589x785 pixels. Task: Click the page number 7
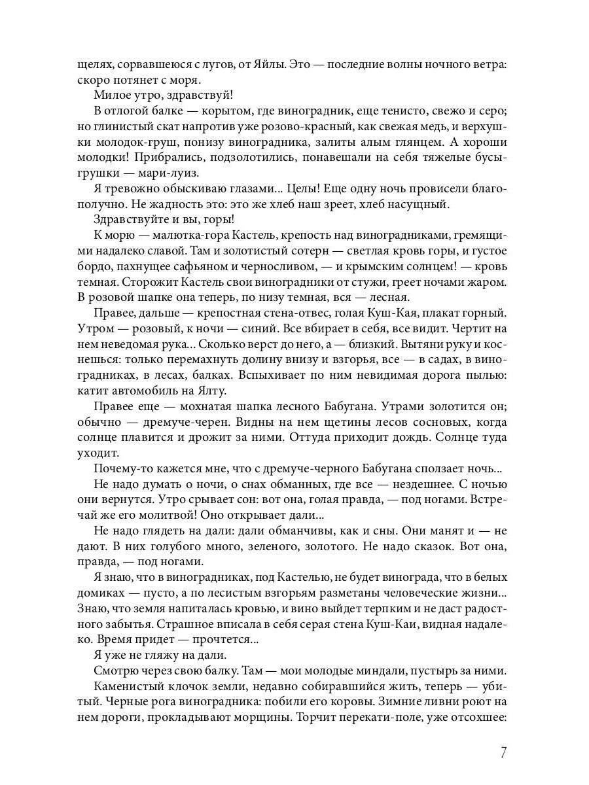[x=503, y=752]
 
